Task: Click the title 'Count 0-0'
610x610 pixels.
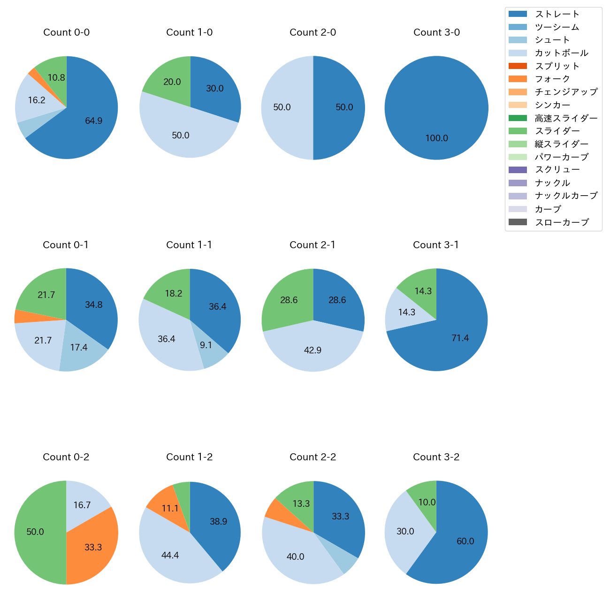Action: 67,32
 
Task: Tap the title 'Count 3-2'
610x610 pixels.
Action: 436,457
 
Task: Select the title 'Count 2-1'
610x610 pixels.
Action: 313,245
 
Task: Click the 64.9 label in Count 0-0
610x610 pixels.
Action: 93,121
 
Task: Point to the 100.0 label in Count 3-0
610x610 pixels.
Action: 436,138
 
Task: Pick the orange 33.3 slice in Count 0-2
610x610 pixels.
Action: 94,544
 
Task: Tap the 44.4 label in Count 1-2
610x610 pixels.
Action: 170,556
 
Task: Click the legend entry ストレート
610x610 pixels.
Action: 557,14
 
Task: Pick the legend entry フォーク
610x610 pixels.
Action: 552,79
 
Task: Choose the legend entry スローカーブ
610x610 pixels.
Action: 562,222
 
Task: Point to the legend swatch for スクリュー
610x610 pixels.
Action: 518,170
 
